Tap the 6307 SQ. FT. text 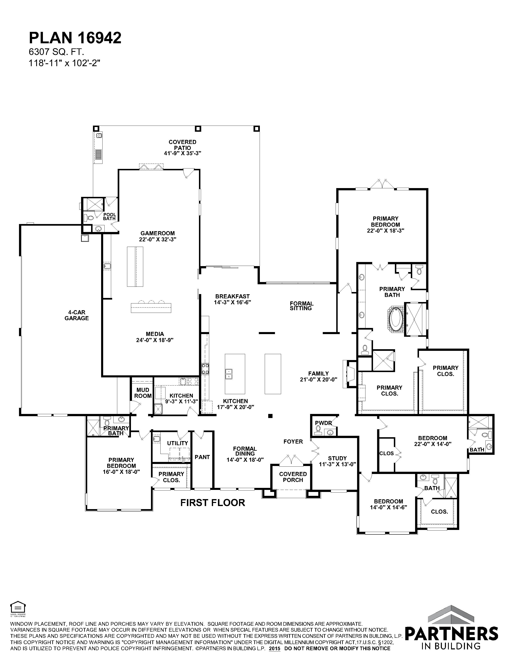[56, 52]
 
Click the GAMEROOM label [157, 233]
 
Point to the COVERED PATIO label [182, 145]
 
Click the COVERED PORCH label [293, 477]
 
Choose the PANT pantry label [202, 457]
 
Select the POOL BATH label [109, 216]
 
